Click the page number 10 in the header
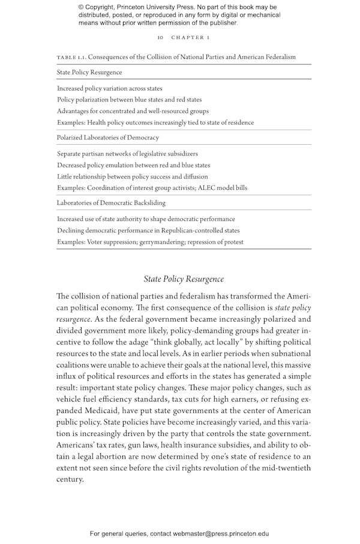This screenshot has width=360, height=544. click(x=160, y=38)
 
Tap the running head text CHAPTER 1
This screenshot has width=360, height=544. click(x=190, y=38)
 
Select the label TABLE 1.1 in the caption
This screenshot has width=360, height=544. click(x=71, y=57)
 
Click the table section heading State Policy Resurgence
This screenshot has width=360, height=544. click(x=89, y=72)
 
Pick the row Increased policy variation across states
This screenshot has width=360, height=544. click(x=110, y=88)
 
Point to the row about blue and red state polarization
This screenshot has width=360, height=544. click(x=129, y=100)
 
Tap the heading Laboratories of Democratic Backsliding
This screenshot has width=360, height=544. click(x=111, y=203)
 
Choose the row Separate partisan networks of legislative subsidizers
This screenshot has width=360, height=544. click(x=127, y=154)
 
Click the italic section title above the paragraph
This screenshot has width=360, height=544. click(x=184, y=279)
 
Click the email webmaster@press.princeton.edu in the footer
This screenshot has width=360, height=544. click(x=221, y=533)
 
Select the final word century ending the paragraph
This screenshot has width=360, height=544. click(x=70, y=480)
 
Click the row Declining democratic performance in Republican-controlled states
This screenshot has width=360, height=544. click(x=148, y=231)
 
